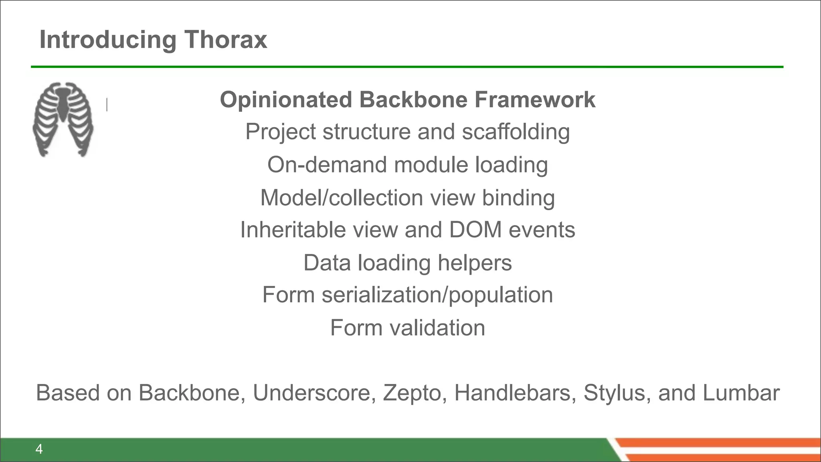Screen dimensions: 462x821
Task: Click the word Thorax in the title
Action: click(226, 40)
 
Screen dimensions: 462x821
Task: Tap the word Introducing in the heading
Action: click(108, 40)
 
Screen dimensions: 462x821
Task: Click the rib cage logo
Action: click(63, 119)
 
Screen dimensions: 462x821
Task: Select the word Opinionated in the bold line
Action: click(286, 99)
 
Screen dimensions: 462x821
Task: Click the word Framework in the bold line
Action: click(535, 99)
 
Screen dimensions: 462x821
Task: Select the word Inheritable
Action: click(293, 230)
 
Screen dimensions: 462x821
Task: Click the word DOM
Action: click(475, 230)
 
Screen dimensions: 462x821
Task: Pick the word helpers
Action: click(475, 263)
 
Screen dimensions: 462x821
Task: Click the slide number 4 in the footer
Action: click(39, 449)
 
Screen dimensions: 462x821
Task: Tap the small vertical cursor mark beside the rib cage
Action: click(107, 105)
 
